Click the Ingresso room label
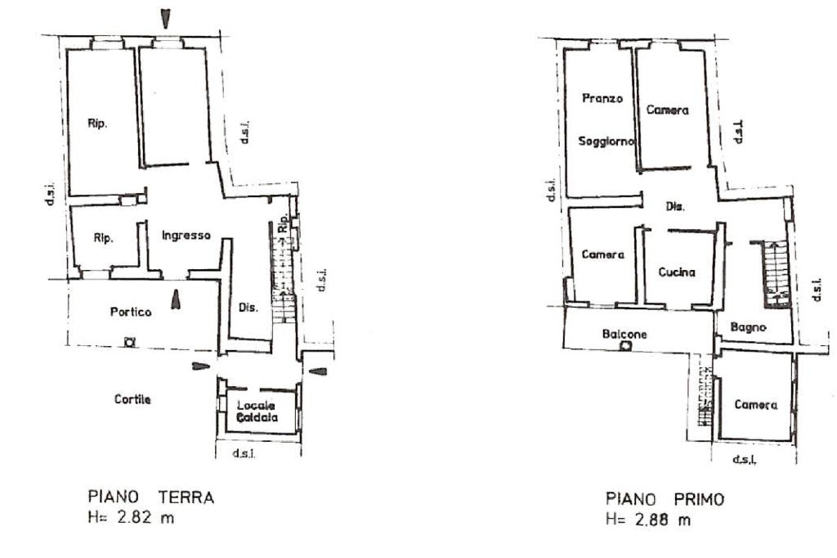186,236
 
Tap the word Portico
131,312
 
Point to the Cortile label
132,399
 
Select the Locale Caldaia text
257,412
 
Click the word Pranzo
602,98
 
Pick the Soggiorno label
606,142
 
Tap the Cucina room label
677,272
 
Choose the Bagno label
749,327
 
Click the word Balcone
624,335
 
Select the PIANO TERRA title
151,497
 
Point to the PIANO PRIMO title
665,500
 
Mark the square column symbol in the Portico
129,341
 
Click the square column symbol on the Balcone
625,346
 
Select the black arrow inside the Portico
176,299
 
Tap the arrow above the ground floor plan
166,20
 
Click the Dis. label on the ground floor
248,308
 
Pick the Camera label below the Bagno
756,405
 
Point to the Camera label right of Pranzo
667,110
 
